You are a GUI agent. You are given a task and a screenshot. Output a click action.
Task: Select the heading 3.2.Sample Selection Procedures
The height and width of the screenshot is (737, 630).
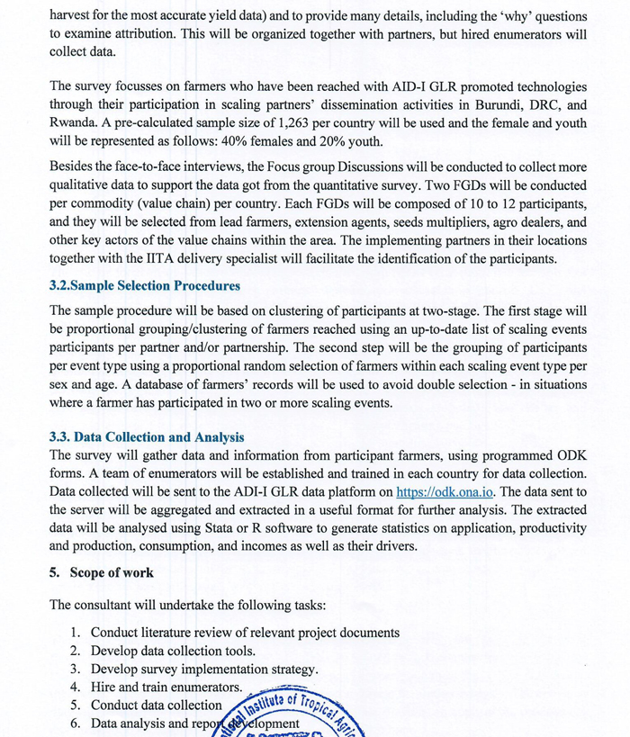point(145,286)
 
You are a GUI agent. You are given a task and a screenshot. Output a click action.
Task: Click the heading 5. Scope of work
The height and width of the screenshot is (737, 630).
point(102,572)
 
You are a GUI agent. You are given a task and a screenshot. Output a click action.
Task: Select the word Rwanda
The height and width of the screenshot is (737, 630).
point(76,122)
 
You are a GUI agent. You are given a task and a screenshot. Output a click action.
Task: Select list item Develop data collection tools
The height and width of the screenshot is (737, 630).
point(173,651)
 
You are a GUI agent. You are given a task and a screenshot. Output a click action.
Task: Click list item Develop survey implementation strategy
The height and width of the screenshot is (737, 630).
point(204,669)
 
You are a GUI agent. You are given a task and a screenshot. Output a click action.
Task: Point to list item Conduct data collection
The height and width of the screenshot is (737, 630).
point(156,705)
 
